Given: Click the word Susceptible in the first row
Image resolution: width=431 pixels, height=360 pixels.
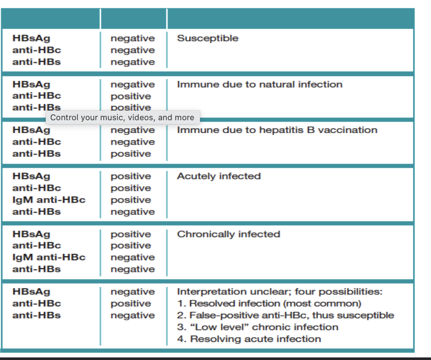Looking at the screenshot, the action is tap(208, 38).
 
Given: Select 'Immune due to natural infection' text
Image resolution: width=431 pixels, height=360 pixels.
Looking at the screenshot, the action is tap(259, 84).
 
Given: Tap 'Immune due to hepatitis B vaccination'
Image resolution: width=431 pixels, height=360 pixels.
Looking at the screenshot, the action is tap(277, 130).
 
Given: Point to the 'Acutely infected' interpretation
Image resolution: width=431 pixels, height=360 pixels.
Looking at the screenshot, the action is tap(219, 176).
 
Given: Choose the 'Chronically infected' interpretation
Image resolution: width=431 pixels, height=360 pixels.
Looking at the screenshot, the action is tap(228, 234).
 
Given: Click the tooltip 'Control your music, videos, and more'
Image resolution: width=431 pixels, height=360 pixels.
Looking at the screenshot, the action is tap(122, 118).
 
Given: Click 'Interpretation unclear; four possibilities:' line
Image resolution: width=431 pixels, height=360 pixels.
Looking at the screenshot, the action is tap(280, 292).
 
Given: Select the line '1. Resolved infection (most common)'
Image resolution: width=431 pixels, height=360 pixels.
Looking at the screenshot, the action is tap(269, 304).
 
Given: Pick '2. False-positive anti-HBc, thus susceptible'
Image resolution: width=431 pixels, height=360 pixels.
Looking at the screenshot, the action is tap(285, 315).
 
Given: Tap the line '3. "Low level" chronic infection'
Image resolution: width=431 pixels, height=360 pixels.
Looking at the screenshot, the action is tap(258, 327).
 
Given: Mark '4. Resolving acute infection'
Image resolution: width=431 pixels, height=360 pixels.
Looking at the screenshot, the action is tap(249, 339).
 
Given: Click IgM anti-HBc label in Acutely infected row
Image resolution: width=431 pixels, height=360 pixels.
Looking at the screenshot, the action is tap(49, 200).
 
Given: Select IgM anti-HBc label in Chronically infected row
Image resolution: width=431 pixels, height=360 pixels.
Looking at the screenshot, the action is tap(49, 257).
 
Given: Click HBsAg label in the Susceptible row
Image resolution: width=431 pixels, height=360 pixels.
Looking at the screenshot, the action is tap(31, 38).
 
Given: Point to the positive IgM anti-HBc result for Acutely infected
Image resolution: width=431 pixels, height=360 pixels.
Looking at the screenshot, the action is tap(131, 200).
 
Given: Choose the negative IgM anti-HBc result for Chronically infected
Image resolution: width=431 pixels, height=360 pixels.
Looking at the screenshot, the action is tap(132, 257).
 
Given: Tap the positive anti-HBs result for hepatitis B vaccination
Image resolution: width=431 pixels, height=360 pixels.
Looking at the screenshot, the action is tap(131, 154).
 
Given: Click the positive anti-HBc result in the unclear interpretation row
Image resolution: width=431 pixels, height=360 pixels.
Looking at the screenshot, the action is tap(131, 304).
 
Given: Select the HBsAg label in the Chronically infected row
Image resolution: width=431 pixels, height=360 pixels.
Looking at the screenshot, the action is tap(31, 234).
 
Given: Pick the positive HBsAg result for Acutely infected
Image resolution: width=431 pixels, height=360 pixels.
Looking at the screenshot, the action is tap(131, 176).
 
